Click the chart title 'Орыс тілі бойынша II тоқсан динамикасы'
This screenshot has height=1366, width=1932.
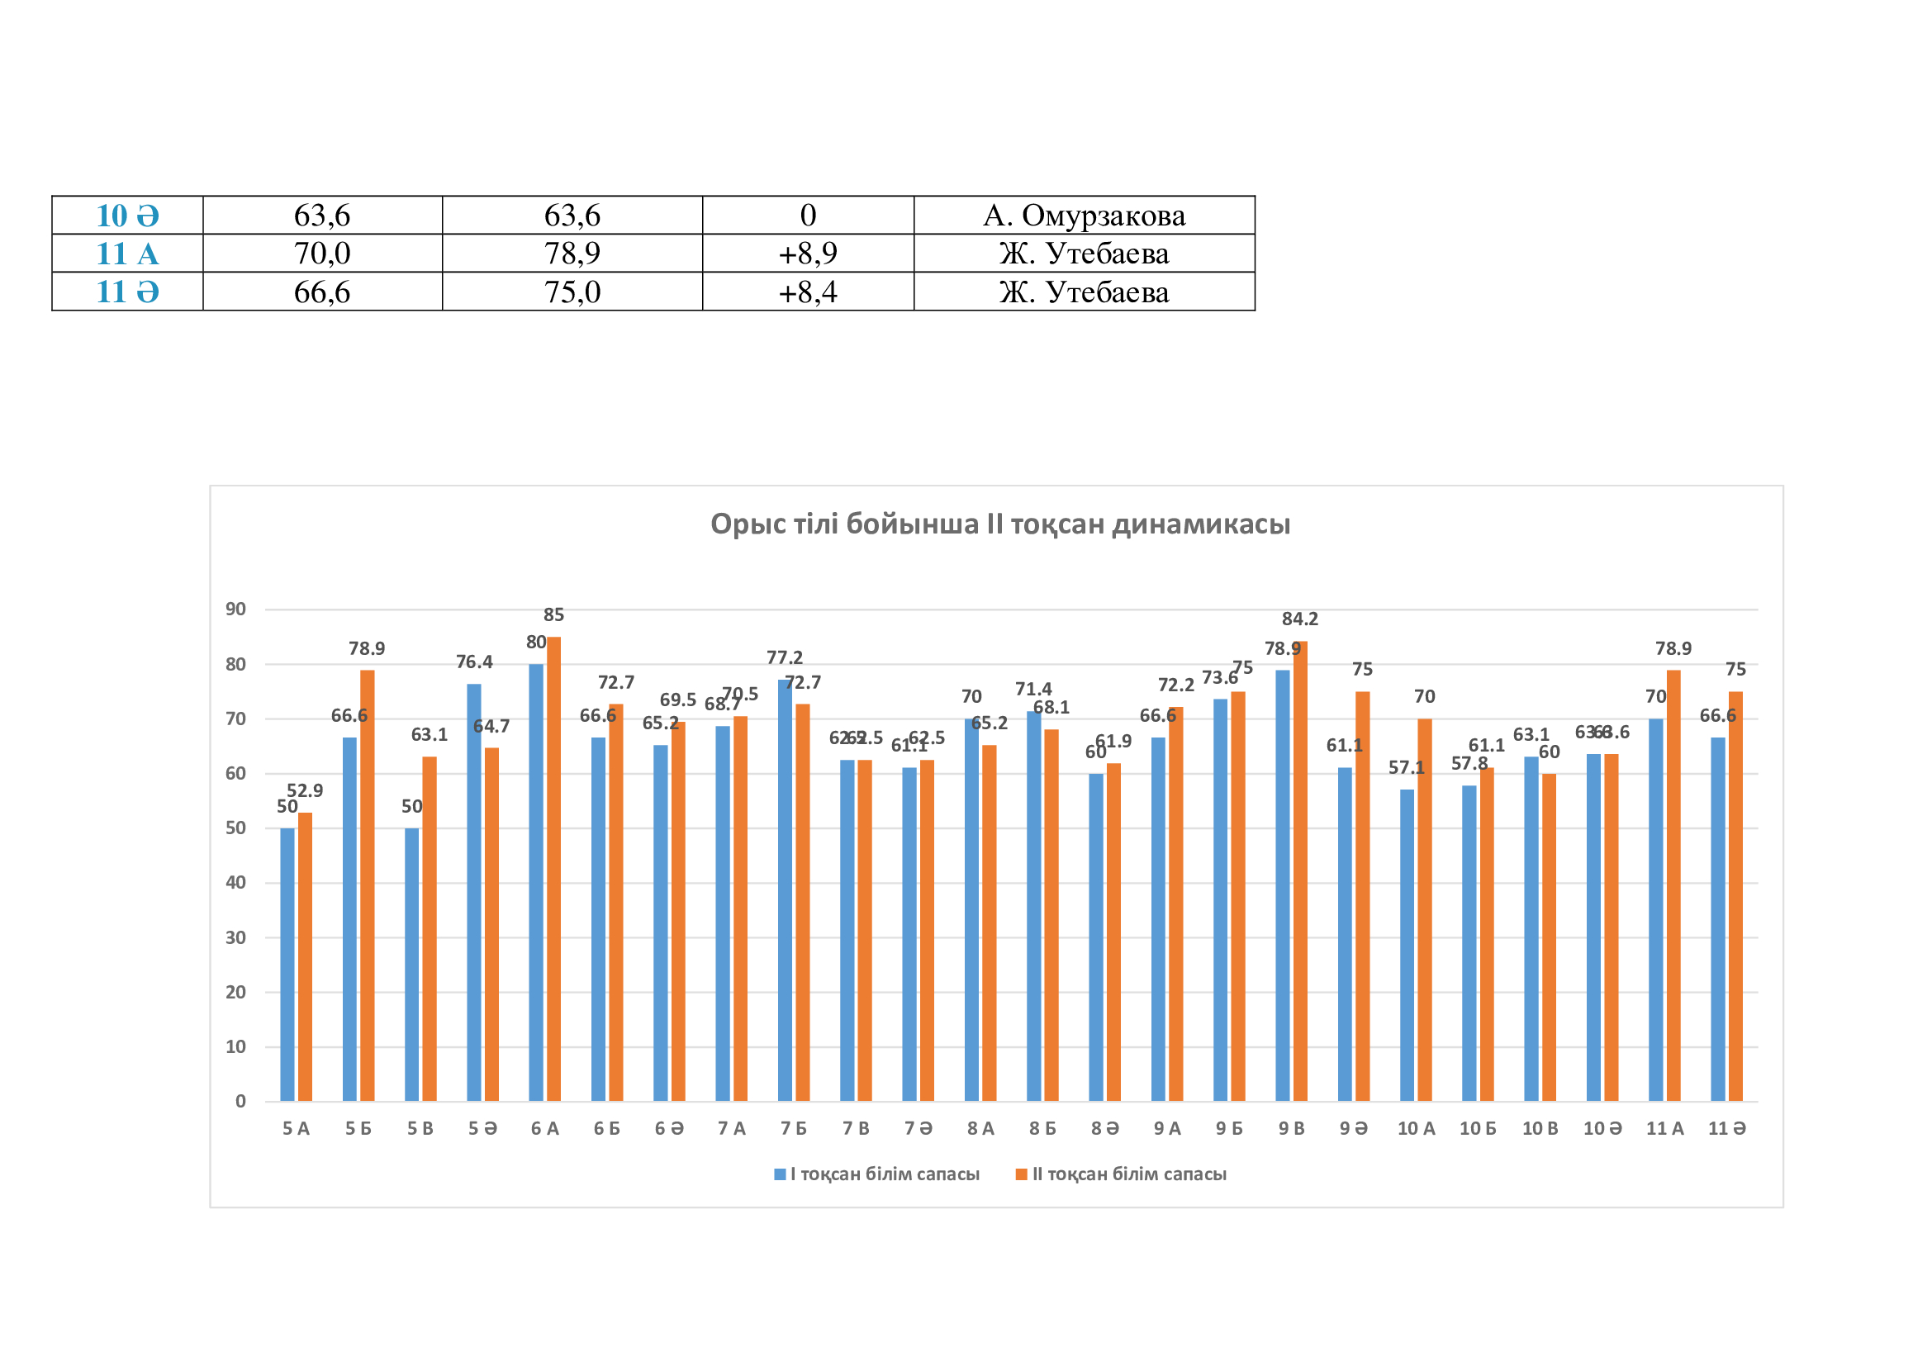coord(999,524)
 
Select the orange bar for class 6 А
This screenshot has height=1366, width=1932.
coord(553,866)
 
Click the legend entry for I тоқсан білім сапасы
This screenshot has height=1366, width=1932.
coord(877,1174)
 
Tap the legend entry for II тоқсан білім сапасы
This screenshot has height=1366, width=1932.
coord(1121,1174)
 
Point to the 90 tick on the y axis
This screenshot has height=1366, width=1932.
coord(235,609)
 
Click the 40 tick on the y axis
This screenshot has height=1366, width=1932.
coord(235,882)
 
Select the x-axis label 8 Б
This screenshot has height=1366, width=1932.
coord(1042,1129)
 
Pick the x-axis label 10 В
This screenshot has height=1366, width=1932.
coord(1540,1129)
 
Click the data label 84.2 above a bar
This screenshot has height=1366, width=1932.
coord(1300,619)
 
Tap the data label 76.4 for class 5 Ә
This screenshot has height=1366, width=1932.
coord(474,662)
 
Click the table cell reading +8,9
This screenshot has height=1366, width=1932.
coord(808,254)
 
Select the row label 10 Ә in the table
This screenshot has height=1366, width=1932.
coord(127,216)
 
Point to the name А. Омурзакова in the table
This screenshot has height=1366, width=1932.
coord(1084,216)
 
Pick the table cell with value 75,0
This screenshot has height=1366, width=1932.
coord(572,292)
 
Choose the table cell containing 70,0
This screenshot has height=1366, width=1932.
coord(322,254)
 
